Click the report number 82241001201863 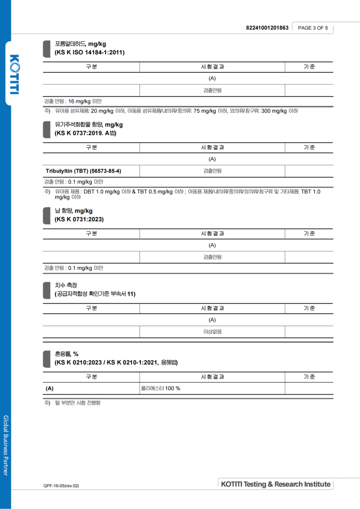pos(267,28)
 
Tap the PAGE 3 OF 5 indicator pos(313,28)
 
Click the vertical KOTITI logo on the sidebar pos(14,74)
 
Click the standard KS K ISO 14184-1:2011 pos(90,53)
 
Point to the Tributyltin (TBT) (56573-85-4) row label pos(84,171)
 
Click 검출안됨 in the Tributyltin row pos(212,171)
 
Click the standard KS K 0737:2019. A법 pos(85,133)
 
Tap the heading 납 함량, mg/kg pos(73,211)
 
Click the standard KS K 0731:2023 pos(79,219)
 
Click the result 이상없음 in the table pos(212,331)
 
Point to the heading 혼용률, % pos(66,354)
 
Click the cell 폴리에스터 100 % pos(161,388)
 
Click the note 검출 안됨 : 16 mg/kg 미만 pos(73,101)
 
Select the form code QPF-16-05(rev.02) pos(61,485)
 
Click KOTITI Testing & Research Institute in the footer pos(276,484)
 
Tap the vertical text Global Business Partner pos(6,445)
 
